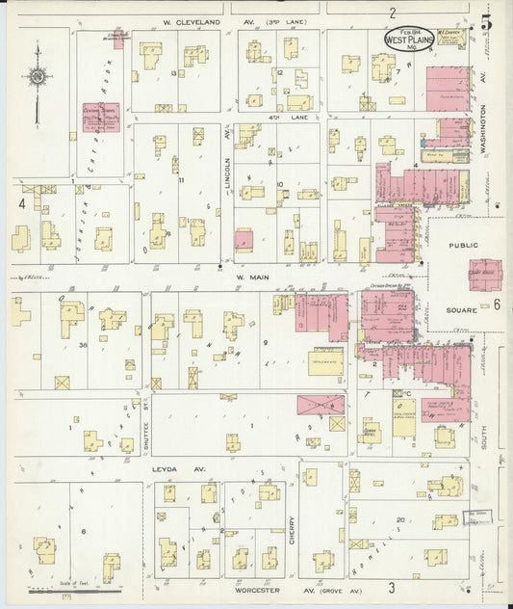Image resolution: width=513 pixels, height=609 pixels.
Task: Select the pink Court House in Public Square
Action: click(484, 274)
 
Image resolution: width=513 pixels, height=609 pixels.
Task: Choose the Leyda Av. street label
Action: click(174, 468)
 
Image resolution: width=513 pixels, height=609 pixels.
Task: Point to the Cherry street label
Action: click(294, 527)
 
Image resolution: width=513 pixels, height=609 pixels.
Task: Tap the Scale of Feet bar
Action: click(89, 590)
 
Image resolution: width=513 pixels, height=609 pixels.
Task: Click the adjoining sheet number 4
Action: click(20, 203)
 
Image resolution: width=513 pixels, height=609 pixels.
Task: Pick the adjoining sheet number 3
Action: click(392, 587)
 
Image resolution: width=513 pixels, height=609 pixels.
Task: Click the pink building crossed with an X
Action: click(321, 405)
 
